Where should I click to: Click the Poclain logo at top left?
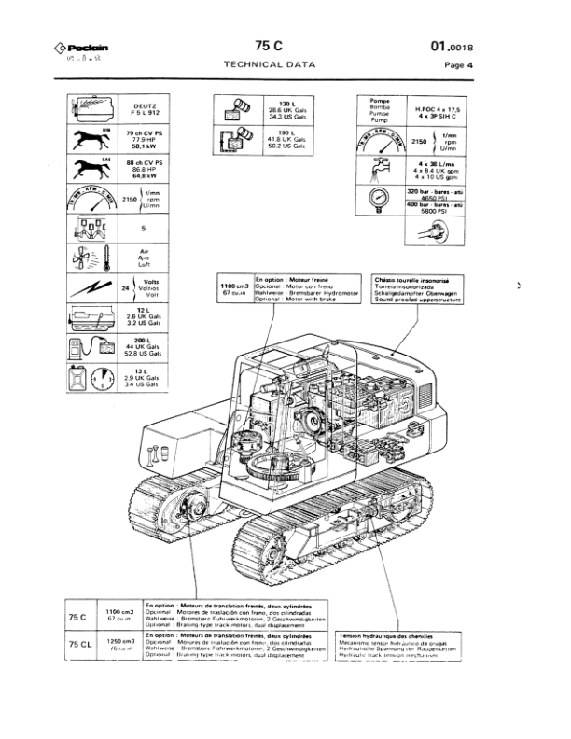coord(78,48)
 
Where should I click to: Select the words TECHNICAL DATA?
coord(269,64)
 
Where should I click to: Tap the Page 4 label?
coord(458,65)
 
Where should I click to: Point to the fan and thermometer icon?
coord(91,258)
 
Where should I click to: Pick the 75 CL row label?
coord(78,645)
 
